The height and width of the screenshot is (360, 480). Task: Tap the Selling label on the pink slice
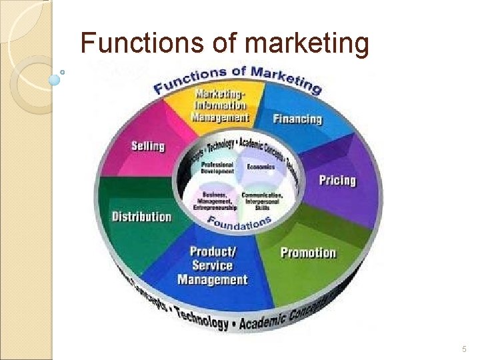point(147,146)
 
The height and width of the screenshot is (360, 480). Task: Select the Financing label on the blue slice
point(297,119)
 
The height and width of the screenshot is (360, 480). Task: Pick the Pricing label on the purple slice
point(337,180)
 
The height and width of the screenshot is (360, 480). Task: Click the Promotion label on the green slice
point(308,253)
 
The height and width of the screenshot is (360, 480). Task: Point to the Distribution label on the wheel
point(141,217)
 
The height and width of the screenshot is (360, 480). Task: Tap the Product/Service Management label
point(212,265)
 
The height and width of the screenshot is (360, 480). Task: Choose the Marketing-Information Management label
point(220,105)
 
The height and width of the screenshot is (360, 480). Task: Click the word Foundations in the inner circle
point(239,223)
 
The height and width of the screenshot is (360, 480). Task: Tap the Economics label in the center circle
point(261,167)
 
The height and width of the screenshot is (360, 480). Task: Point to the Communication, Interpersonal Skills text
point(262,200)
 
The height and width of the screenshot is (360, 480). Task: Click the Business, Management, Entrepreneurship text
point(215,200)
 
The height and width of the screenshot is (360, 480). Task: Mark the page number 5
point(465,349)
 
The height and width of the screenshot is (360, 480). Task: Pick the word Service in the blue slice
point(213,265)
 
